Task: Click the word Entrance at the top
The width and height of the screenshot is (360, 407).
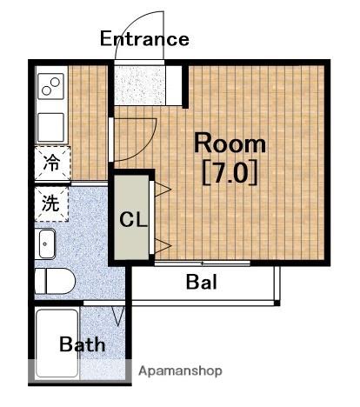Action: pyautogui.click(x=144, y=39)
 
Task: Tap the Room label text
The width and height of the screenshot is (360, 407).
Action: pyautogui.click(x=230, y=143)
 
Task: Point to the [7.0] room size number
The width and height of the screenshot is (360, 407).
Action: pyautogui.click(x=230, y=172)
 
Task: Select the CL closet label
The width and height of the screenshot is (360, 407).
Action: pyautogui.click(x=133, y=220)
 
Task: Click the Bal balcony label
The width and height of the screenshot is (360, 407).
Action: pyautogui.click(x=202, y=282)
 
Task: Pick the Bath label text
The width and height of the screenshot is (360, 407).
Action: pyautogui.click(x=82, y=344)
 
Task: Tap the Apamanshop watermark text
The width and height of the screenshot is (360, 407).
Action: pyautogui.click(x=180, y=371)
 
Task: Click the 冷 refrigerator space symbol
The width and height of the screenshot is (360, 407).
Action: pyautogui.click(x=51, y=163)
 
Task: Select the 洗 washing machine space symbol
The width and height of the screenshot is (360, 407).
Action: pyautogui.click(x=50, y=203)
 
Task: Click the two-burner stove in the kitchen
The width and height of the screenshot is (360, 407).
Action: pyautogui.click(x=51, y=86)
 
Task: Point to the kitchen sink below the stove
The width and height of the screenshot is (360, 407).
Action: pyautogui.click(x=51, y=128)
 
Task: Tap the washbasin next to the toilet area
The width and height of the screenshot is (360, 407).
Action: pyautogui.click(x=45, y=244)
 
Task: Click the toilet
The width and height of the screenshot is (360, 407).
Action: pyautogui.click(x=55, y=281)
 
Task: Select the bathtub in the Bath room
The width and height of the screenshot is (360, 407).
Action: pyautogui.click(x=57, y=343)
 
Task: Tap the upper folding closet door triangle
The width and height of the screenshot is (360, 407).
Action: pyautogui.click(x=163, y=190)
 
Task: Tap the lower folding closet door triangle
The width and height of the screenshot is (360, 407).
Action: pyautogui.click(x=163, y=246)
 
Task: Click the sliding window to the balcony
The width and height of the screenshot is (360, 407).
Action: pyautogui.click(x=203, y=264)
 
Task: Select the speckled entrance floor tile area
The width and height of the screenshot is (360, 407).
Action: pyautogui.click(x=140, y=85)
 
